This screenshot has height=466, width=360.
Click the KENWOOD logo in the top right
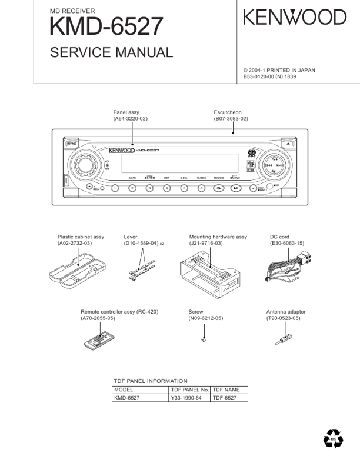pyautogui.click(x=295, y=18)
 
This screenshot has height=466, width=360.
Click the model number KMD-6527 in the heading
pyautogui.click(x=106, y=26)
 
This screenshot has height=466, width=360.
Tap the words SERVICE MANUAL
pyautogui.click(x=112, y=53)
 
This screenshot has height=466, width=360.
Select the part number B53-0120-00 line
pyautogui.click(x=274, y=76)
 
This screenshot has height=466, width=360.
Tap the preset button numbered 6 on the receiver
pyautogui.click(x=201, y=188)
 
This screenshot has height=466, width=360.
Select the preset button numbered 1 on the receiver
pyautogui.click(x=115, y=188)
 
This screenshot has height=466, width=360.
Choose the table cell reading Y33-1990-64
pyautogui.click(x=189, y=398)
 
